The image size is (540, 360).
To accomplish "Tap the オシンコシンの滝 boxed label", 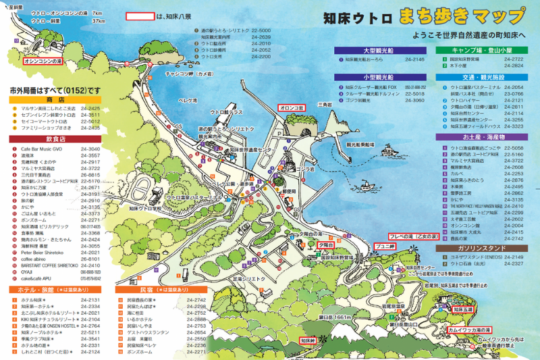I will pyautogui.click(x=43, y=61).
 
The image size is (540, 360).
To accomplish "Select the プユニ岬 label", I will pyautogui.click(x=385, y=247).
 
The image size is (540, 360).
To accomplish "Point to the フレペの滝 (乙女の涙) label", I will pyautogui.click(x=414, y=237).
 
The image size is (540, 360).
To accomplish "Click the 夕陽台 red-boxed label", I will pyautogui.click(x=326, y=246).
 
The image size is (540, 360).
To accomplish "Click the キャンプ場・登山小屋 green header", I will pyautogui.click(x=479, y=50).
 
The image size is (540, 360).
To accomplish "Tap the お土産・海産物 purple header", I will pyautogui.click(x=479, y=137).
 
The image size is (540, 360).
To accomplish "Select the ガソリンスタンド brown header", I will pyautogui.click(x=479, y=248).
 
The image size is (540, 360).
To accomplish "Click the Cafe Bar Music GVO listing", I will pyautogui.click(x=41, y=149).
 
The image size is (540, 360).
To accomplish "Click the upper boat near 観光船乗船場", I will pyautogui.click(x=361, y=132).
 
